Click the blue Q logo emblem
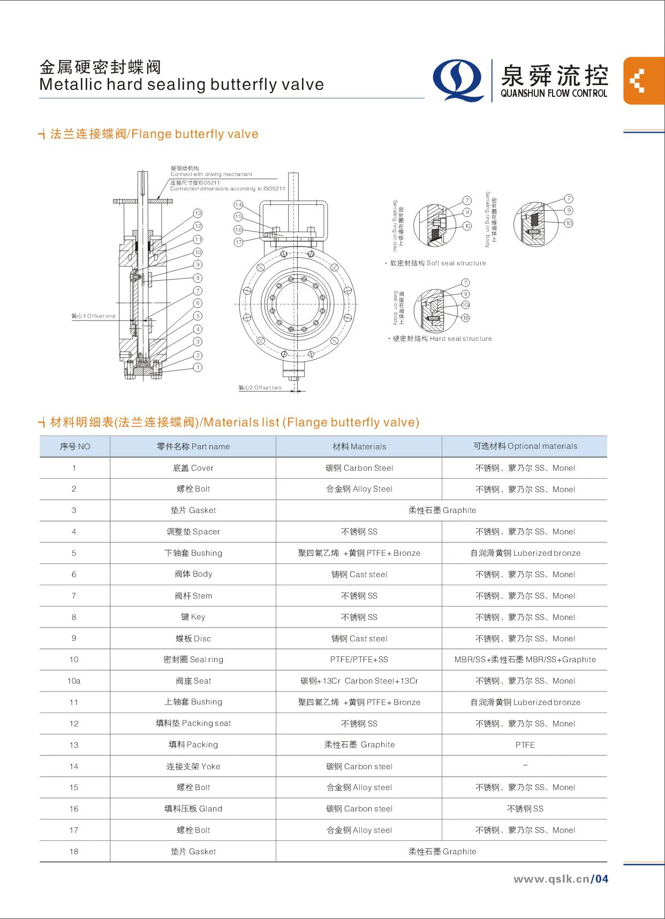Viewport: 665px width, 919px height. [x=458, y=80]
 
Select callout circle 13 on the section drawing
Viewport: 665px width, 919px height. [x=198, y=213]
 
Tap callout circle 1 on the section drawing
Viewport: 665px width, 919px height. [x=198, y=367]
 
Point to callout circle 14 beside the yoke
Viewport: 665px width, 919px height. [x=238, y=205]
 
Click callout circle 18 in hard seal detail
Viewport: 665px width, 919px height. [x=466, y=318]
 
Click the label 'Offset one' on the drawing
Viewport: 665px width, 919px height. [x=94, y=316]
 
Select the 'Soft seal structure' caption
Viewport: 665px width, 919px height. [x=437, y=263]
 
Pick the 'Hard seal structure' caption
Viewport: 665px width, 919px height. [x=442, y=339]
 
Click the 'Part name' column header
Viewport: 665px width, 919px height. [x=193, y=447]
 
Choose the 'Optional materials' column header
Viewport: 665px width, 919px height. [x=525, y=446]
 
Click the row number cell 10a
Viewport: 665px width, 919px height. [x=74, y=681]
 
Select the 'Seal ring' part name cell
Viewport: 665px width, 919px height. [x=193, y=660]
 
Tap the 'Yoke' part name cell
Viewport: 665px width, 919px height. [x=193, y=767]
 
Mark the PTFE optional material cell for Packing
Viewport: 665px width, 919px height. [x=525, y=745]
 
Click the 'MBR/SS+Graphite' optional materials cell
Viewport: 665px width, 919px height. [x=525, y=660]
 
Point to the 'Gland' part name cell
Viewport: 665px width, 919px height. [x=193, y=809]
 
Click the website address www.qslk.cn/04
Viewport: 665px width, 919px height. [x=561, y=879]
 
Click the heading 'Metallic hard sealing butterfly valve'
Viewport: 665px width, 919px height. [x=182, y=85]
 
